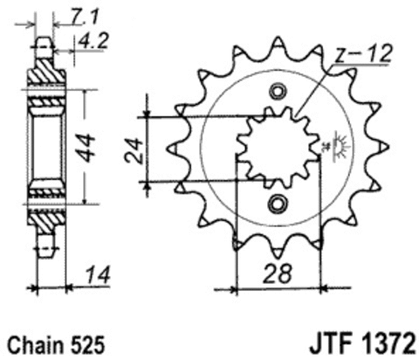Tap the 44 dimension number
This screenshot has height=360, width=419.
point(87,148)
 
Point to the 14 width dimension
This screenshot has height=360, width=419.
point(98,275)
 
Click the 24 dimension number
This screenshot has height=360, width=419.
point(134,150)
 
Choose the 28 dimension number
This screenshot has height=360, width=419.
point(277,273)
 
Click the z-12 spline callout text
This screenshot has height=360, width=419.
point(362,54)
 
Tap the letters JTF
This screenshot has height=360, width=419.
point(333,343)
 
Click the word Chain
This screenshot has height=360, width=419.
point(36,345)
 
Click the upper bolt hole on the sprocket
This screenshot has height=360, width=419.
point(278,92)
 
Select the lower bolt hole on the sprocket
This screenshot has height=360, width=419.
point(277,204)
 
